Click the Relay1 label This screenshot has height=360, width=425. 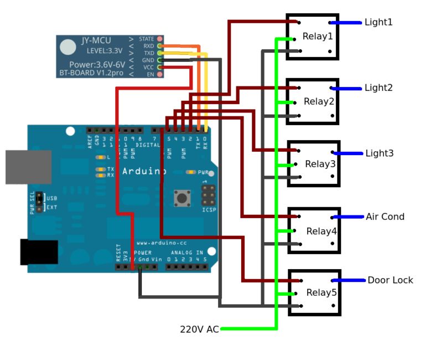point(318,37)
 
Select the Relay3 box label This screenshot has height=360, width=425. point(320,164)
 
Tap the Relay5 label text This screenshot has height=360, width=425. point(321,292)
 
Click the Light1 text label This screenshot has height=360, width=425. point(379,22)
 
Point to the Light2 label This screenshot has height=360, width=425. point(379,88)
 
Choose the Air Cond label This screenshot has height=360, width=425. point(385,217)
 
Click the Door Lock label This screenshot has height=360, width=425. point(390,280)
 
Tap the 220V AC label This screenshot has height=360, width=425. point(199,329)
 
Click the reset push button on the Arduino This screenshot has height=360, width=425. point(180,197)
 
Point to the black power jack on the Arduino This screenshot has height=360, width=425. point(39,252)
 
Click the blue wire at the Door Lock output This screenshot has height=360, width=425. point(349,280)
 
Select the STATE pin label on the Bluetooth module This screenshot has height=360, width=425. point(147,39)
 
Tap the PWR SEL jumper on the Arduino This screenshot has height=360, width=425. point(39,203)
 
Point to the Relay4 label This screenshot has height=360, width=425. point(321,231)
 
